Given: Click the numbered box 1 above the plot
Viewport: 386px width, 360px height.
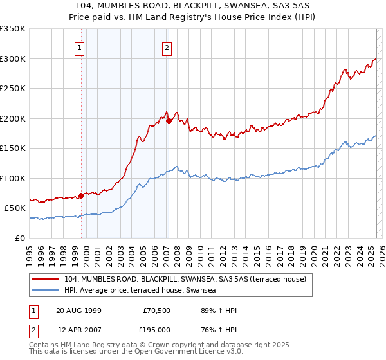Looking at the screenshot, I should (x=79, y=48).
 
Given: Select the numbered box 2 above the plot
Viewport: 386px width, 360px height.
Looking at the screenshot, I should (x=167, y=48).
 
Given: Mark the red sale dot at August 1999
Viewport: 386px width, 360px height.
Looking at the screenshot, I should (x=81, y=195).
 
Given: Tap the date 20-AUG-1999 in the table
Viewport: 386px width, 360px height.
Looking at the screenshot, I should (x=79, y=311).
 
